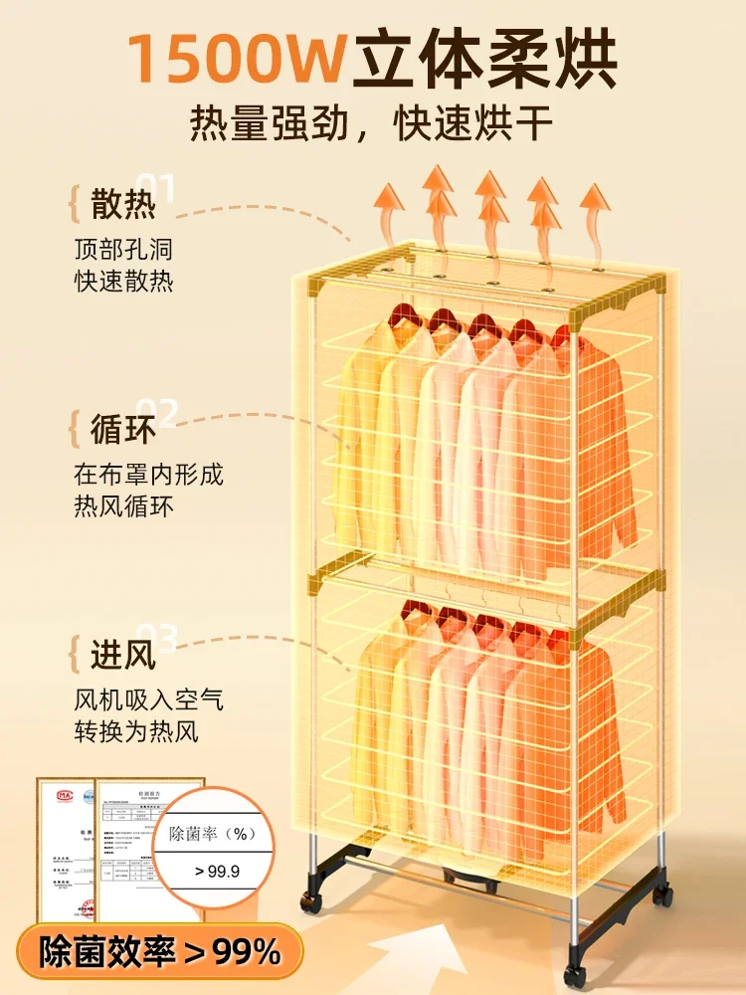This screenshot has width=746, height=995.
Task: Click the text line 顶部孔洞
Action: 123,248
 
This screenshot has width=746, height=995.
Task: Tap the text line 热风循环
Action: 123,506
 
